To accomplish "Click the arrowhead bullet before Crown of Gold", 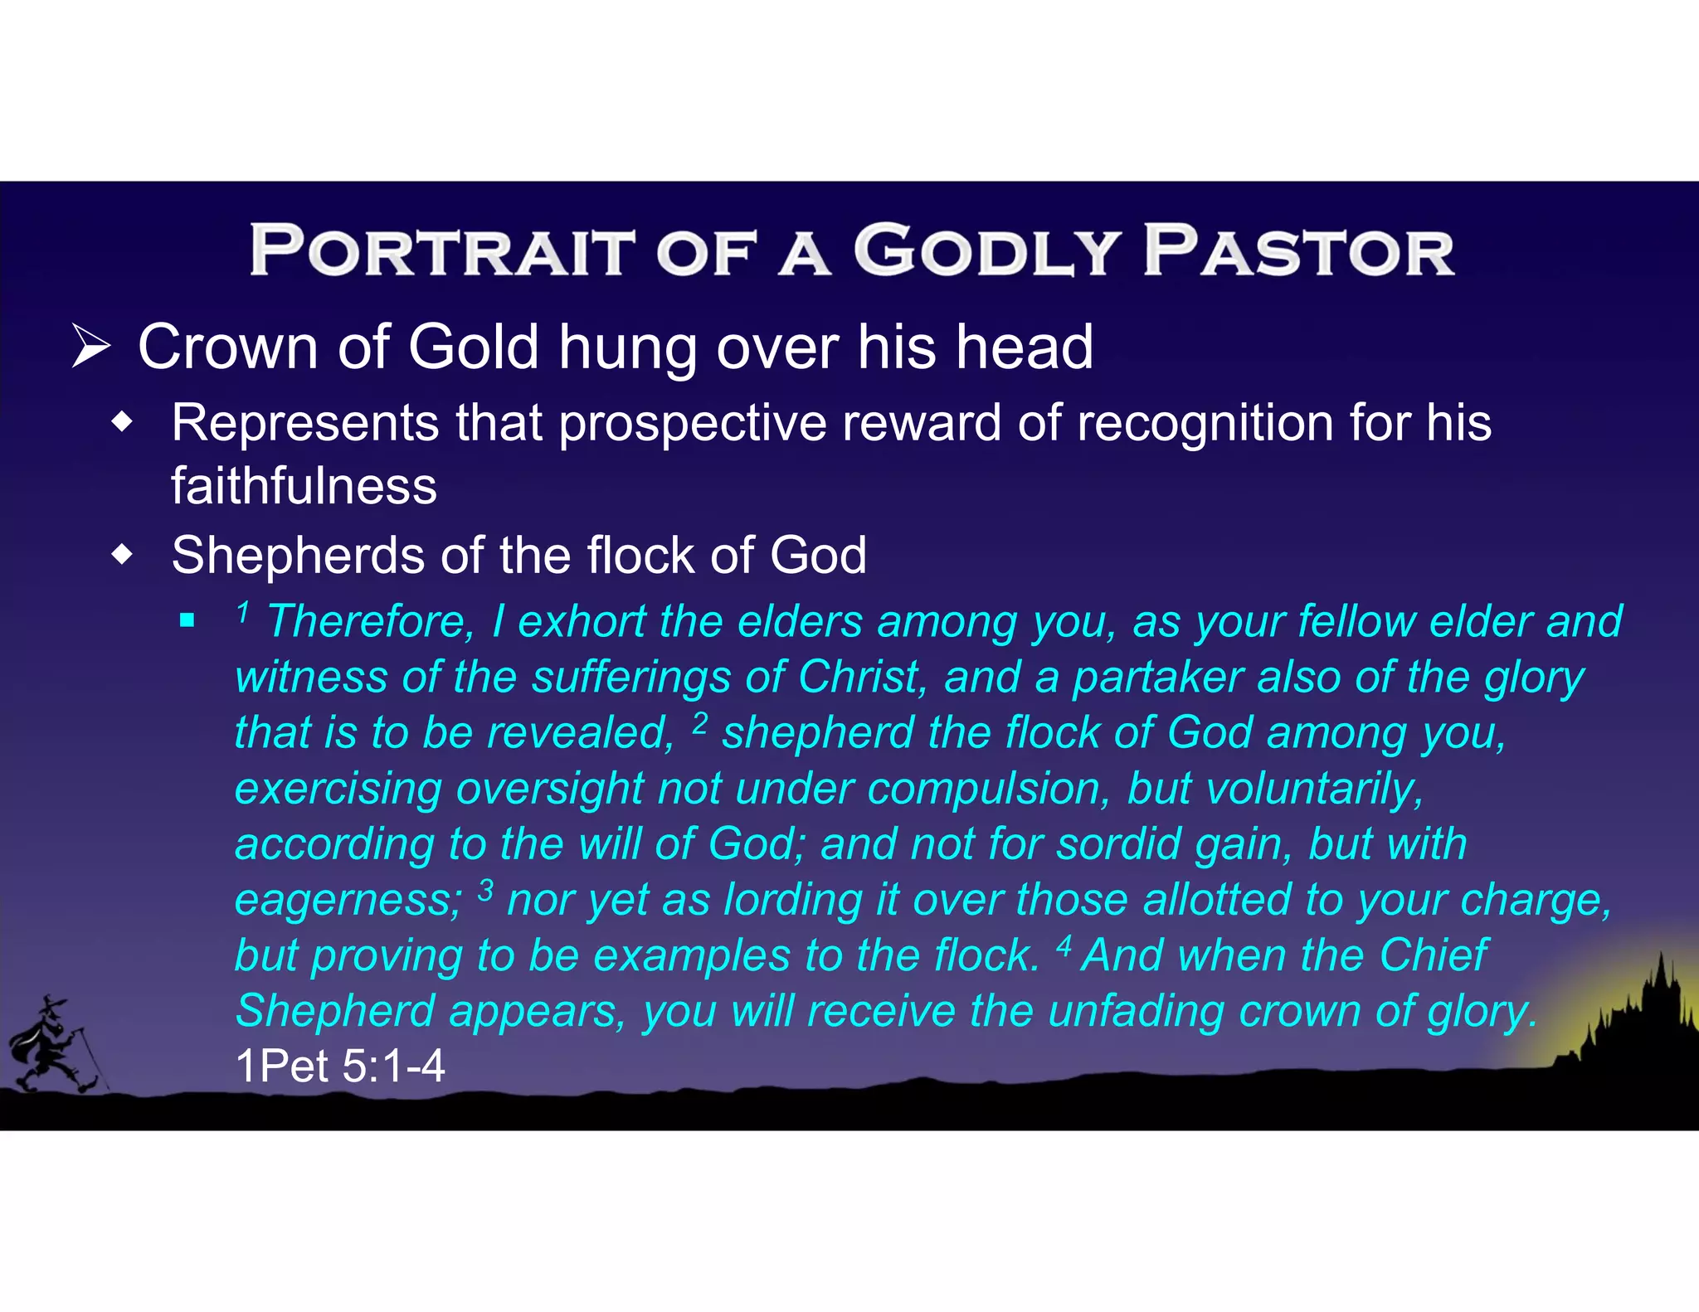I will pyautogui.click(x=90, y=347).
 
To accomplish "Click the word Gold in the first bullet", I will pyautogui.click(x=474, y=347).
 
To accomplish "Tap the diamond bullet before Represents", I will pyautogui.click(x=123, y=424).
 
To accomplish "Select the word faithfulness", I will pyautogui.click(x=304, y=486).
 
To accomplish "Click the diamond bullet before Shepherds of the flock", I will pyautogui.click(x=123, y=555).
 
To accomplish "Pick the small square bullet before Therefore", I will pyautogui.click(x=187, y=620).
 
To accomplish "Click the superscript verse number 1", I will pyautogui.click(x=242, y=612).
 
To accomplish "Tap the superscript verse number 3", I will pyautogui.click(x=486, y=890).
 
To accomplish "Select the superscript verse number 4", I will pyautogui.click(x=1064, y=945).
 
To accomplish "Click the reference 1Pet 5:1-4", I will pyautogui.click(x=340, y=1066).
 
